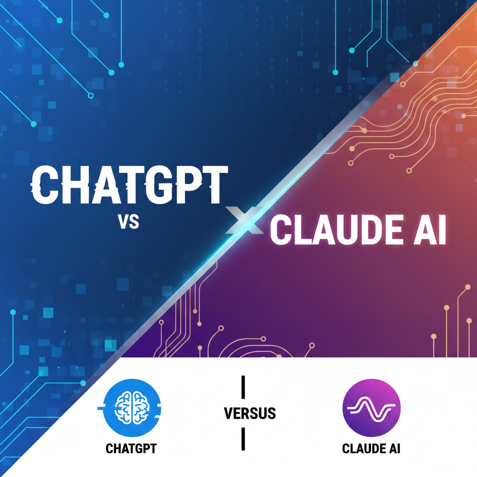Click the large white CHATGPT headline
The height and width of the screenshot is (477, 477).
pyautogui.click(x=129, y=185)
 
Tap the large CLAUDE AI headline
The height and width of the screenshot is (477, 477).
pyautogui.click(x=358, y=232)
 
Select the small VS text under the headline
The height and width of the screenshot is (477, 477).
pyautogui.click(x=128, y=222)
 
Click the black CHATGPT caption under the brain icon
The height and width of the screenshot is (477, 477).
pyautogui.click(x=131, y=449)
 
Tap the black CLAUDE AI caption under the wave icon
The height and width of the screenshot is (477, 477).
pyautogui.click(x=371, y=449)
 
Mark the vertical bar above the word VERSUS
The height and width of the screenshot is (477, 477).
pyautogui.click(x=243, y=387)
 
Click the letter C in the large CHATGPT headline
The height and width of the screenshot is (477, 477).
pyautogui.click(x=46, y=185)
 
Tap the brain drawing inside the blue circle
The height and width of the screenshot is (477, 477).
pyautogui.click(x=130, y=406)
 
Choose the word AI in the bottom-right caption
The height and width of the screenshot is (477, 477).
pyautogui.click(x=395, y=449)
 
